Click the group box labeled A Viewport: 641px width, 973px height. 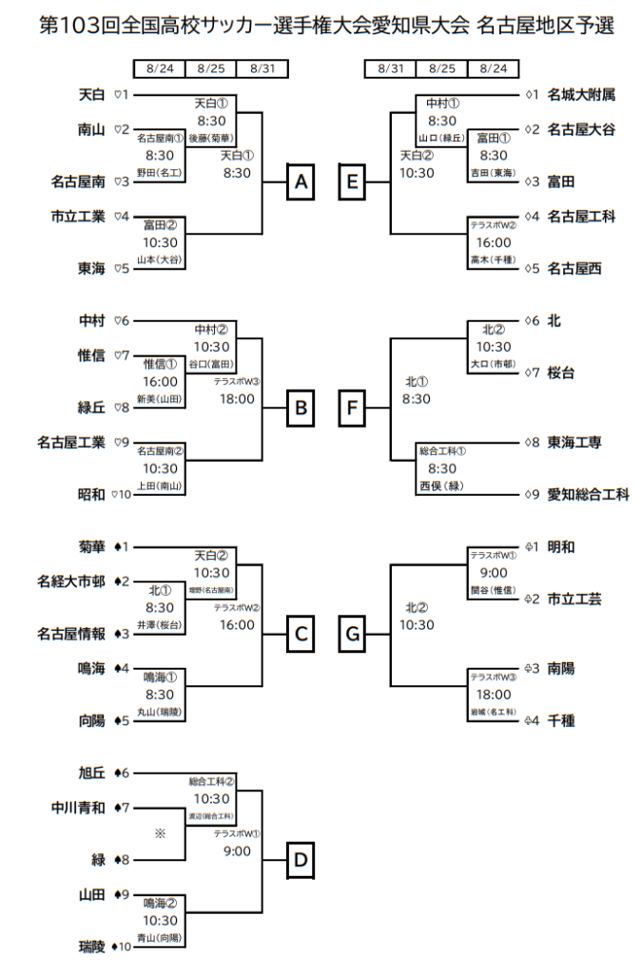point(301,181)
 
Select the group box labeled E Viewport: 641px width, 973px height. point(352,181)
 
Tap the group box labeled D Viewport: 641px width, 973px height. point(301,861)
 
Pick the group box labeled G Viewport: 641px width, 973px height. point(352,634)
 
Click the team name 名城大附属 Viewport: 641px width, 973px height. point(582,95)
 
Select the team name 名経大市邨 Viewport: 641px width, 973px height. point(71,582)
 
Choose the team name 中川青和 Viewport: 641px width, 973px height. point(78,808)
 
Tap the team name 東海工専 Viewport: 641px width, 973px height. point(575,443)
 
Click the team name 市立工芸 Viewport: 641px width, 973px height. point(575,600)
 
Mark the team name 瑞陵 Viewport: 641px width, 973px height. point(91,946)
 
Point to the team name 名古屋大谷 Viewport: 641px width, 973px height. point(582,129)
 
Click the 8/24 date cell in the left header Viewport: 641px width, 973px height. point(160,68)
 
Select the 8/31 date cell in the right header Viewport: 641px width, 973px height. point(390,68)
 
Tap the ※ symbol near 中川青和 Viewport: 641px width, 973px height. point(160,833)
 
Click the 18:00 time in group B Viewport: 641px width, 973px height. point(237,399)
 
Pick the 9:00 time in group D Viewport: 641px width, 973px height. point(237,851)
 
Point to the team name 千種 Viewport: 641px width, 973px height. point(562,721)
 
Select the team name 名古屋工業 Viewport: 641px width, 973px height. point(71,442)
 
